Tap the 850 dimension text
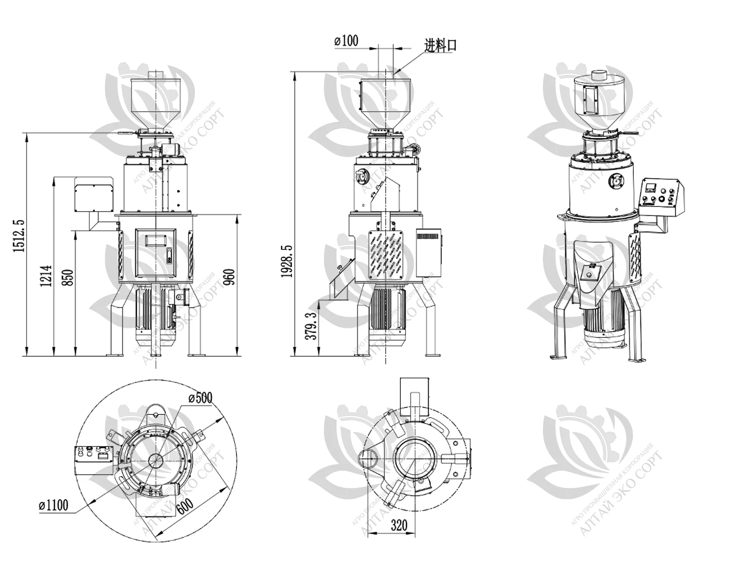pyautogui.click(x=69, y=277)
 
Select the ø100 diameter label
pyautogui.click(x=346, y=42)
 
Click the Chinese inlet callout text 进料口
pyautogui.click(x=440, y=46)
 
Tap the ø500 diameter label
pyautogui.click(x=200, y=397)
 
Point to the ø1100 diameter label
pyautogui.click(x=53, y=506)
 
